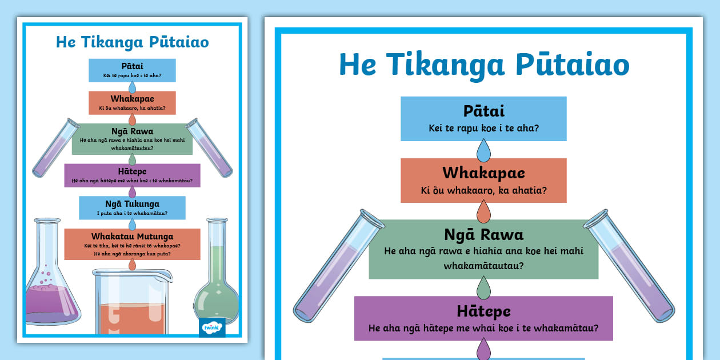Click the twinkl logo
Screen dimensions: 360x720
pyautogui.click(x=213, y=328)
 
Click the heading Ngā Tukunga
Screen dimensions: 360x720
pyautogui.click(x=132, y=203)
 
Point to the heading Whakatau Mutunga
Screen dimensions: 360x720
pyautogui.click(x=132, y=237)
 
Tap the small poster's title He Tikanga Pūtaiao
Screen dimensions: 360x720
pyautogui.click(x=132, y=42)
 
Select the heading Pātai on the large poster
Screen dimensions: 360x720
pyautogui.click(x=483, y=111)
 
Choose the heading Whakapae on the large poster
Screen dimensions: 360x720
pyautogui.click(x=483, y=173)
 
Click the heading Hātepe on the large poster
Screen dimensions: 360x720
pyautogui.click(x=483, y=311)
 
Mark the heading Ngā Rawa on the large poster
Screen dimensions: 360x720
pyautogui.click(x=483, y=234)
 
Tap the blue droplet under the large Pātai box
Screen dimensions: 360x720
pyautogui.click(x=484, y=151)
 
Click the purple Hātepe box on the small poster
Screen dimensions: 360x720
pyautogui.click(x=132, y=175)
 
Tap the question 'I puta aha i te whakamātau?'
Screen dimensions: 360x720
pyautogui.click(x=132, y=213)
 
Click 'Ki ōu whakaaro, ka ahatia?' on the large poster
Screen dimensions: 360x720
pyautogui.click(x=483, y=190)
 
